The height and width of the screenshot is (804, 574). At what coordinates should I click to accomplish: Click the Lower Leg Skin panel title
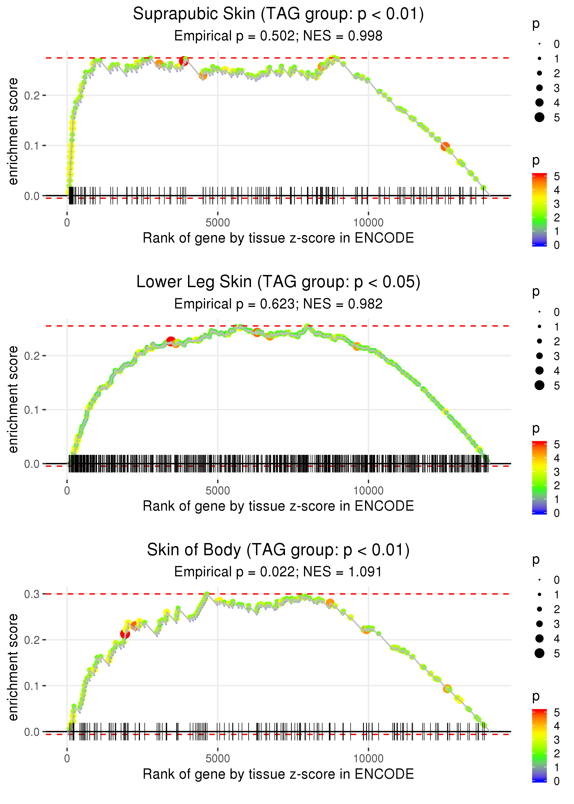pos(278,282)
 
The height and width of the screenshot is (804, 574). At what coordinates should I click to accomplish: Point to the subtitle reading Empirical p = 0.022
pos(278,572)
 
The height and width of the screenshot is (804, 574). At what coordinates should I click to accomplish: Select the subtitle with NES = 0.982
pos(278,304)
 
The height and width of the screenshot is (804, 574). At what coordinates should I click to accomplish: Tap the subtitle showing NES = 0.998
pos(278,36)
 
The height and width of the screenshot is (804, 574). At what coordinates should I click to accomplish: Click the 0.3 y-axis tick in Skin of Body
pos(32,594)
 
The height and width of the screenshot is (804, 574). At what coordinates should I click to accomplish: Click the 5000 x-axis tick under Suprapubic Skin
pos(217,223)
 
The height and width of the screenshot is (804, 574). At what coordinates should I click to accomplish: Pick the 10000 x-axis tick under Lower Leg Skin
pos(368,491)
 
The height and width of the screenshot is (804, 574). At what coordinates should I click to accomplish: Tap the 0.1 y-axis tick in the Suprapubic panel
pos(32,146)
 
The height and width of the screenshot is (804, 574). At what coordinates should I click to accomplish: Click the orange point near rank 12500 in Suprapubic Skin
pos(445,146)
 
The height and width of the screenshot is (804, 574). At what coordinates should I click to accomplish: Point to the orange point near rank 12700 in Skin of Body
pos(447,689)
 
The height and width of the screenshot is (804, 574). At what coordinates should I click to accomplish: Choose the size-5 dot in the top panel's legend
pos(539,117)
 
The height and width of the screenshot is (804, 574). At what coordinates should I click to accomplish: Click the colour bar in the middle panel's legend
pos(539,477)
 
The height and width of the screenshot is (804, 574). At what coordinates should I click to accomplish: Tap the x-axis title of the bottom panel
pos(278,774)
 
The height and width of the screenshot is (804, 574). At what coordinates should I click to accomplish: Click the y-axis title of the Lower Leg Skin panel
pos(13,399)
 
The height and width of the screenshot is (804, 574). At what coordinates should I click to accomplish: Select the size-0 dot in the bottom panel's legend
pos(539,580)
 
